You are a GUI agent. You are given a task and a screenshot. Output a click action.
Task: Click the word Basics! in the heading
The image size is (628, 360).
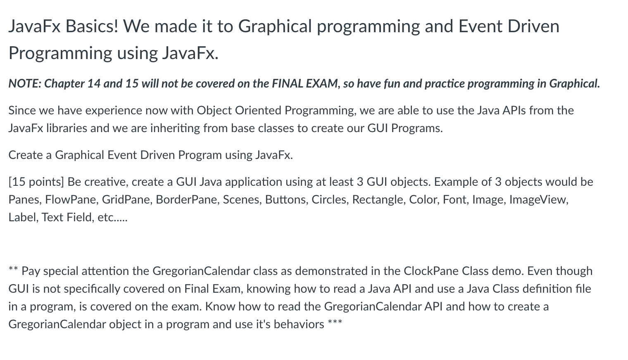pos(92,26)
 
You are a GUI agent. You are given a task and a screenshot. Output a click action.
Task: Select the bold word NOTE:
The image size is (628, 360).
pos(25,83)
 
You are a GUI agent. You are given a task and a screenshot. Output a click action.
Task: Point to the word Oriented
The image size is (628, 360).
pos(258,110)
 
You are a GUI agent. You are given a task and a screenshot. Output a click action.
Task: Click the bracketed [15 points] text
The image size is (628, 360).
pos(36,182)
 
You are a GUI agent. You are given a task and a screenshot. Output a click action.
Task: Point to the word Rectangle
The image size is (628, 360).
pos(379,200)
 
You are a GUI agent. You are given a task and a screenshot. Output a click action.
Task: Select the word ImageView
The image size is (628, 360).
pos(539,200)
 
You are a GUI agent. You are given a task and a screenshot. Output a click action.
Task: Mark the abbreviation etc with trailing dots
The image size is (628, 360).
pos(112,218)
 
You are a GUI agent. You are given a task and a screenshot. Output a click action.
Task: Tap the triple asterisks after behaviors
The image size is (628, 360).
pos(335,321)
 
